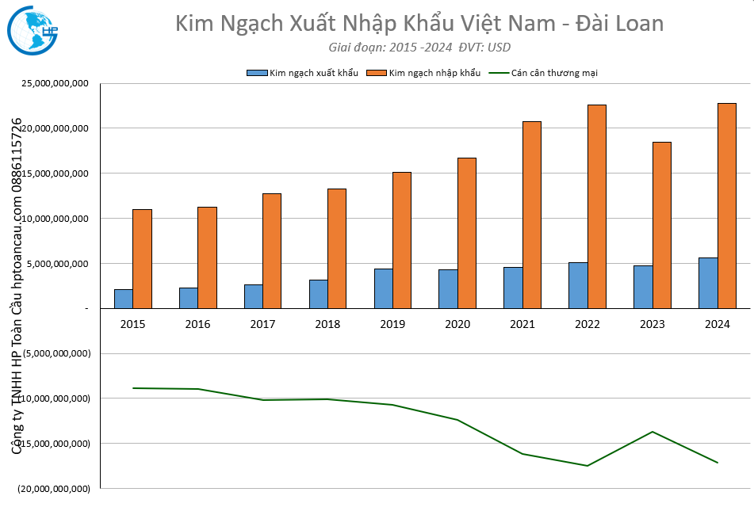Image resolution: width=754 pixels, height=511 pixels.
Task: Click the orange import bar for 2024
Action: [x=726, y=205]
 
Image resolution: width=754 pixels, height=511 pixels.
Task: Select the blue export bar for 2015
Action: [x=123, y=299]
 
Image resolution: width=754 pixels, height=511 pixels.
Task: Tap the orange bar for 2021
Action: [x=531, y=215]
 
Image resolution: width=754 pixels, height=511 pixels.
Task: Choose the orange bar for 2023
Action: [x=661, y=225]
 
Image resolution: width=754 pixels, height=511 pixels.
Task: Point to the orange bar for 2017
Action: [x=272, y=250]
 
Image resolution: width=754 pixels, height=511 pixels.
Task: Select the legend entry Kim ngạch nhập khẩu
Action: [x=434, y=73]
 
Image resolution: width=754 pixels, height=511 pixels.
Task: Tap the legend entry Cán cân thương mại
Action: [x=554, y=73]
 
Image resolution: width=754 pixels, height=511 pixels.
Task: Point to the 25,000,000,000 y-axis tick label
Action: [x=53, y=83]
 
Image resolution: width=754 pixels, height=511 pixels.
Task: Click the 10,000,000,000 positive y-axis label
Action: [x=53, y=218]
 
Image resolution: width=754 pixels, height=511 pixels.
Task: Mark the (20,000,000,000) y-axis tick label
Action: [x=53, y=489]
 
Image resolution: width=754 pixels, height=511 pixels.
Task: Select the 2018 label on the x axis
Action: [x=327, y=324]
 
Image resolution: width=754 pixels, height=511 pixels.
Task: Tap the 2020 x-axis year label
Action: [x=457, y=324]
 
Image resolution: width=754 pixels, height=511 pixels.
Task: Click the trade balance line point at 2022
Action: [x=588, y=466]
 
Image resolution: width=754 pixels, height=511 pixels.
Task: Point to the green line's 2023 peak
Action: [x=653, y=432]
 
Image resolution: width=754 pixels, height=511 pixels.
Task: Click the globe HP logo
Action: [x=33, y=30]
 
